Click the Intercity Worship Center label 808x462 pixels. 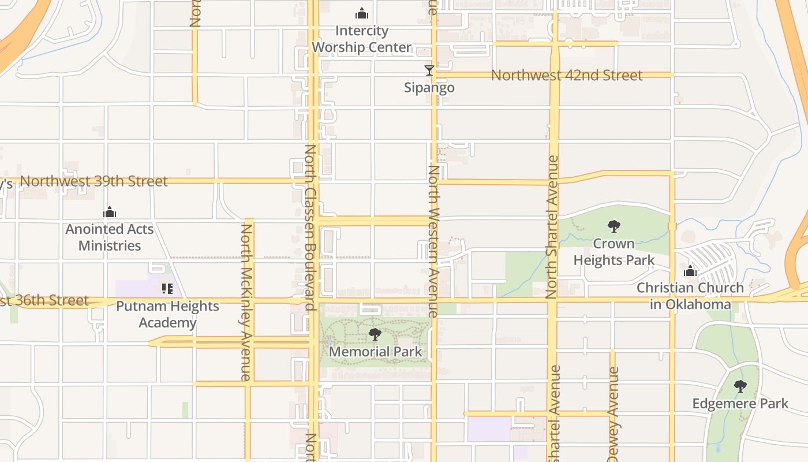(x=362, y=39)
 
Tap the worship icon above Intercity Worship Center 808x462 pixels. (x=362, y=13)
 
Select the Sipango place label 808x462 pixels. (x=429, y=88)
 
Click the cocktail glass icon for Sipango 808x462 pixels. (x=429, y=70)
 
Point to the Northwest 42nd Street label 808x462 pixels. (x=566, y=76)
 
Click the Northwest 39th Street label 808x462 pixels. (x=93, y=181)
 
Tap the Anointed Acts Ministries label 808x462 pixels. (x=110, y=237)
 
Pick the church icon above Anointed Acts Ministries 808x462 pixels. (x=110, y=213)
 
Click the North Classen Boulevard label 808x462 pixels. (x=310, y=228)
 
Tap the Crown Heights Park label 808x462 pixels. (x=614, y=252)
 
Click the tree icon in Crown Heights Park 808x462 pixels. (x=614, y=226)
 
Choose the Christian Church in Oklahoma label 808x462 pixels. (x=690, y=296)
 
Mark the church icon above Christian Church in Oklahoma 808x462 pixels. (x=690, y=271)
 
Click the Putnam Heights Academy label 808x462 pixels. (x=167, y=314)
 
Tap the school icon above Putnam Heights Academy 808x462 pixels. (x=167, y=288)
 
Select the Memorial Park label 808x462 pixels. (x=375, y=352)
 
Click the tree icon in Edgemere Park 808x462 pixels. (x=740, y=386)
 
